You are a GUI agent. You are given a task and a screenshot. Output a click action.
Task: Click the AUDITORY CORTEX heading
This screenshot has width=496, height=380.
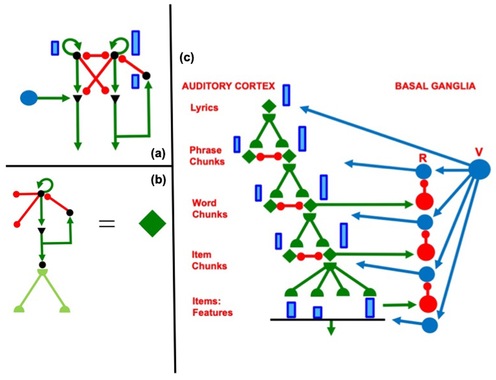228,86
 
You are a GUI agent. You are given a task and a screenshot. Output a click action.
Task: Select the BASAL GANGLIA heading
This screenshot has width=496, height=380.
435,86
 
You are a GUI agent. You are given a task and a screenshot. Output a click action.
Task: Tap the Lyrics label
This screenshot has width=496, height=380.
204,108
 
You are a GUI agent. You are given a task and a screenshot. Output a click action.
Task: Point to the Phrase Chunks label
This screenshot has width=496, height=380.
207,156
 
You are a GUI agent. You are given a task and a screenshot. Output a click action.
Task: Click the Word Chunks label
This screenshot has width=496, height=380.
209,209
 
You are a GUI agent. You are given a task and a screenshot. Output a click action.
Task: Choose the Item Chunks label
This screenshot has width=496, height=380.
209,260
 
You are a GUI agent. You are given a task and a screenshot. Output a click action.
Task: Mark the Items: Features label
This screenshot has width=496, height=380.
212,307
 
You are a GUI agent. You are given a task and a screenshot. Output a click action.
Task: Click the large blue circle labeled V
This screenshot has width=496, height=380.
479,170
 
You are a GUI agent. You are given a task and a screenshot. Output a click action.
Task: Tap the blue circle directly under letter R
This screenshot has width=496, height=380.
424,172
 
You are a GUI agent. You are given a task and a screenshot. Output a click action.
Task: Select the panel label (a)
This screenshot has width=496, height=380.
158,153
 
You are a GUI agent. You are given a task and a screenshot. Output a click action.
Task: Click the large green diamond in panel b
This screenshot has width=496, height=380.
152,223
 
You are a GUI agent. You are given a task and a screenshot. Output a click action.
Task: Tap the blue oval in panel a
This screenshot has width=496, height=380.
29,98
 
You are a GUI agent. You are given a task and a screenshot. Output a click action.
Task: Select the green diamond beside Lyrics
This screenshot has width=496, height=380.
269,106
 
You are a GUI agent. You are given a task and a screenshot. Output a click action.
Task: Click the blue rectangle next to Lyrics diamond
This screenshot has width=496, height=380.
286,95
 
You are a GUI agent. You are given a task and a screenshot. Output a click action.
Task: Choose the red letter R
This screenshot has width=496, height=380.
423,158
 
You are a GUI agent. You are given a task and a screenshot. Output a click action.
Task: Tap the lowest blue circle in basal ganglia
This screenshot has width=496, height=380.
430,325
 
